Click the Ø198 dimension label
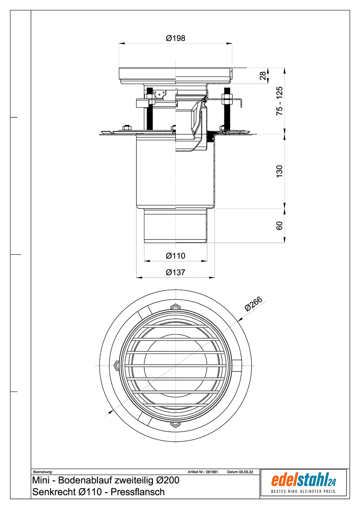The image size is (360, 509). pos(175,38)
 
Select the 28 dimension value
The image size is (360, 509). pos(263,75)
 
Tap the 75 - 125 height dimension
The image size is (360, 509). pos(280,101)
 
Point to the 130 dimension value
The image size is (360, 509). pos(280,171)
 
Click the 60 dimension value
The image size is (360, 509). pos(280,226)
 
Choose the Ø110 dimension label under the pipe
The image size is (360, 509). pos(175,256)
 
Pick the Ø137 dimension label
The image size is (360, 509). pos(175,272)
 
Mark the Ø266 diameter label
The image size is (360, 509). pos(253,304)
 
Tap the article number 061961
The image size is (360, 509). pos(212,472)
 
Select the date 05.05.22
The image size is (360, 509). pos(246,472)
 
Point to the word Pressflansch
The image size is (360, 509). pos(138,492)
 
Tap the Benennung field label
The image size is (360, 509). pos(43,472)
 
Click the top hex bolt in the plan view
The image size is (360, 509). pos(175,308)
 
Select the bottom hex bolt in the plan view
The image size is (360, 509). pos(175,424)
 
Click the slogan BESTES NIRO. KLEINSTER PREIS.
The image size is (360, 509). pos(303,491)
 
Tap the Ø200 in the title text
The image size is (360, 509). pos(167,480)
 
